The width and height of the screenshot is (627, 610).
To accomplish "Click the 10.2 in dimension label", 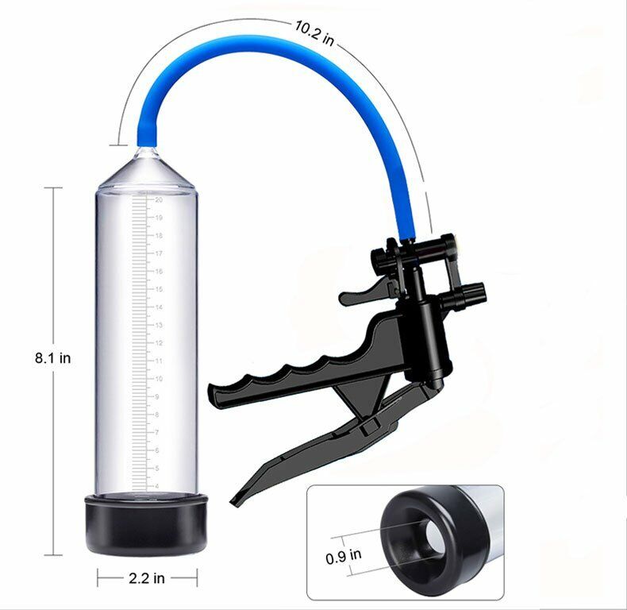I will [x=313, y=28].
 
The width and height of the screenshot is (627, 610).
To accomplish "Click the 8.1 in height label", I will [x=52, y=358].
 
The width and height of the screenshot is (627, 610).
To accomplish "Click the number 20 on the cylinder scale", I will [x=160, y=199].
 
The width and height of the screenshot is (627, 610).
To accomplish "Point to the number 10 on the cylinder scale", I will [x=160, y=379].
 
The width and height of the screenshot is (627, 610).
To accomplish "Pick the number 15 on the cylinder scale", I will [x=160, y=289].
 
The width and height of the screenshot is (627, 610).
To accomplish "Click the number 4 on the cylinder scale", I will [x=158, y=486].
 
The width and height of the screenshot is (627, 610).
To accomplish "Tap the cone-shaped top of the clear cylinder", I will [x=147, y=167].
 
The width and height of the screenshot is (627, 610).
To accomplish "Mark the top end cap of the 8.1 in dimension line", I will [x=52, y=187].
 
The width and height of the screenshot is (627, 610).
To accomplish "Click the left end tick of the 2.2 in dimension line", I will [x=98, y=577].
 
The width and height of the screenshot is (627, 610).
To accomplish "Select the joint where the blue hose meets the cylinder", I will [x=147, y=148].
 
